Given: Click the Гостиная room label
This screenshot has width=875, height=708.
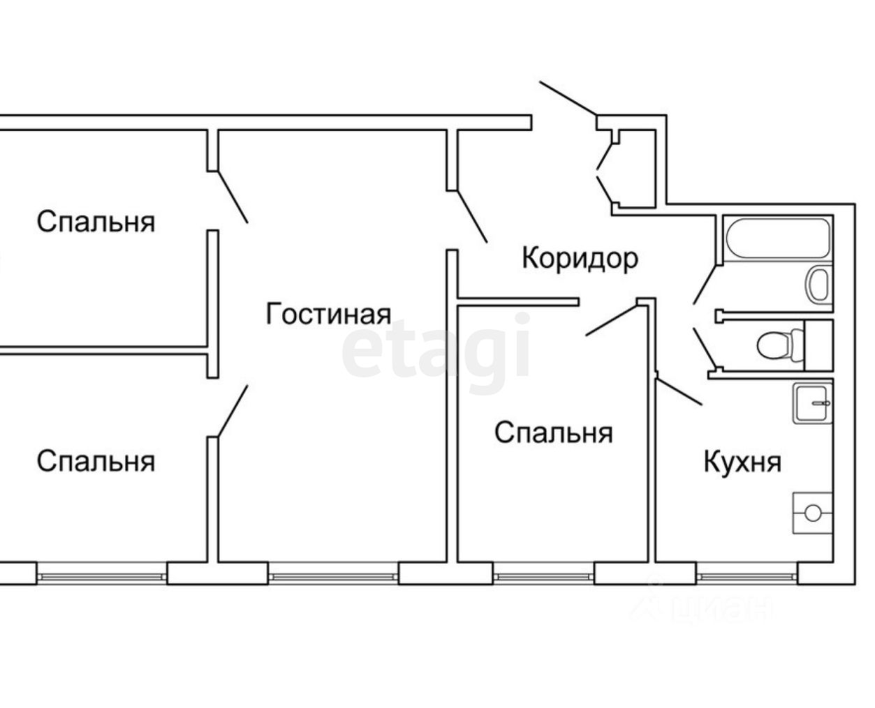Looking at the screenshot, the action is [x=328, y=315].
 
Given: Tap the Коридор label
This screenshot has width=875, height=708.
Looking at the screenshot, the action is [x=580, y=258].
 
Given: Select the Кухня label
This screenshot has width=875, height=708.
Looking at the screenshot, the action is [x=742, y=462].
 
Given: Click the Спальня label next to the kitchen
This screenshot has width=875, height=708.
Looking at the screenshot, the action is [x=553, y=433].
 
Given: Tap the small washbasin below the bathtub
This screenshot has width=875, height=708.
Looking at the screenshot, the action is [x=818, y=284].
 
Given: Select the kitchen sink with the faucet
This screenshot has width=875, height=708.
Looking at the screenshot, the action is [x=813, y=403].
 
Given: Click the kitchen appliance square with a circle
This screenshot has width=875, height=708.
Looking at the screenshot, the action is [x=813, y=513].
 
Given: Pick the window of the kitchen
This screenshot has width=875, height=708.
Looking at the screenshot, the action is [x=747, y=576].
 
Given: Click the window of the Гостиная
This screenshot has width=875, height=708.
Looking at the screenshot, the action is [x=333, y=576].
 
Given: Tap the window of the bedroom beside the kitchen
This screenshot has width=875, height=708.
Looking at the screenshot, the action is [x=544, y=576].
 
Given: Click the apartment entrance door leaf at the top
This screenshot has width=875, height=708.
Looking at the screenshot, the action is [x=568, y=98].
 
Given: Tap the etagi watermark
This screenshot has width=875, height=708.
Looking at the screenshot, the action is [x=436, y=349].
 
